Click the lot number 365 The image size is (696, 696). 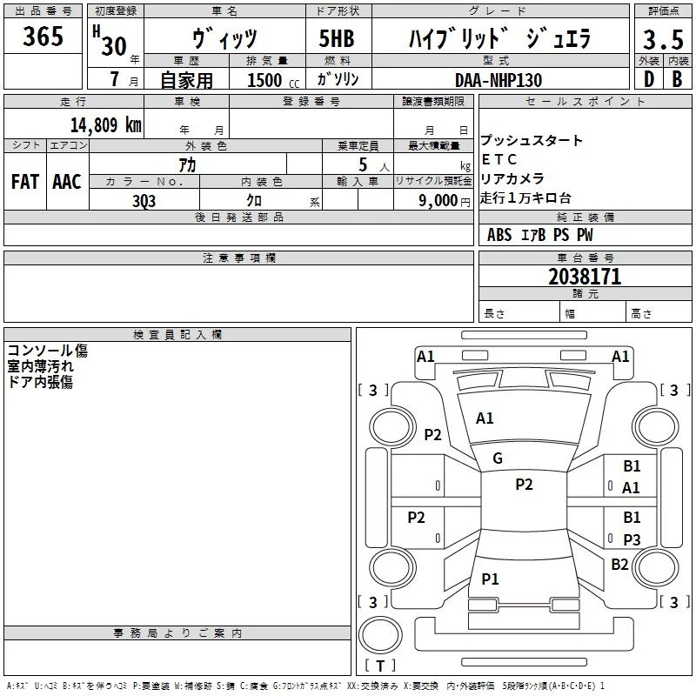coord(43,36)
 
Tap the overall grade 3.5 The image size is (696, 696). coord(663,39)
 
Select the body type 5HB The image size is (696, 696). coord(337,38)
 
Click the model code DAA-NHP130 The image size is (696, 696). coord(499,80)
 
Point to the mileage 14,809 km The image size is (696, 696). coord(105,124)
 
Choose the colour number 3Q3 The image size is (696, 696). coord(144,201)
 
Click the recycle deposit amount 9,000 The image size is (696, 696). coord(438,200)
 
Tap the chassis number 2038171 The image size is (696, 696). coord(585,277)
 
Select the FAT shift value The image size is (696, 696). coord(25,182)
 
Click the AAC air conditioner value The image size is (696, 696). coord(67,182)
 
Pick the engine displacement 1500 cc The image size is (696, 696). coord(273,80)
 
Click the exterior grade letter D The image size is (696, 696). coord(649,79)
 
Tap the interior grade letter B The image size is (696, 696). coord(677,79)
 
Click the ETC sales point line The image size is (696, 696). coord(499,159)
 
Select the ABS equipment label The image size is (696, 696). coord(499,235)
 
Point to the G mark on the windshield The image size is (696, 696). coord(498,458)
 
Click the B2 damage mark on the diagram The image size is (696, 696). coord(619,565)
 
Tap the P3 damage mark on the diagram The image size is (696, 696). coord(632,540)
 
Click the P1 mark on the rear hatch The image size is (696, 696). coord(490,579)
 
